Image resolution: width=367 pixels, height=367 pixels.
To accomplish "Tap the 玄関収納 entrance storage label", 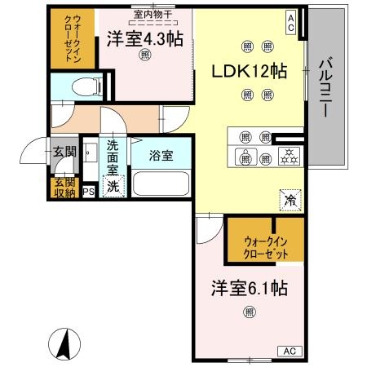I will click(x=63, y=187).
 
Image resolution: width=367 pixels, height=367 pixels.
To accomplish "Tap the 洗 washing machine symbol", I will click(x=114, y=185).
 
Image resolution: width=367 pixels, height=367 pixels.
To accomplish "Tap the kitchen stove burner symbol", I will click(x=289, y=155).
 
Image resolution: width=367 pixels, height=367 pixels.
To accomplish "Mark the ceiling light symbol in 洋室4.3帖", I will click(x=144, y=55).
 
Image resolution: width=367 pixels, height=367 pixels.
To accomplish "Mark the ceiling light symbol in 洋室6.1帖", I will click(x=248, y=310).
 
